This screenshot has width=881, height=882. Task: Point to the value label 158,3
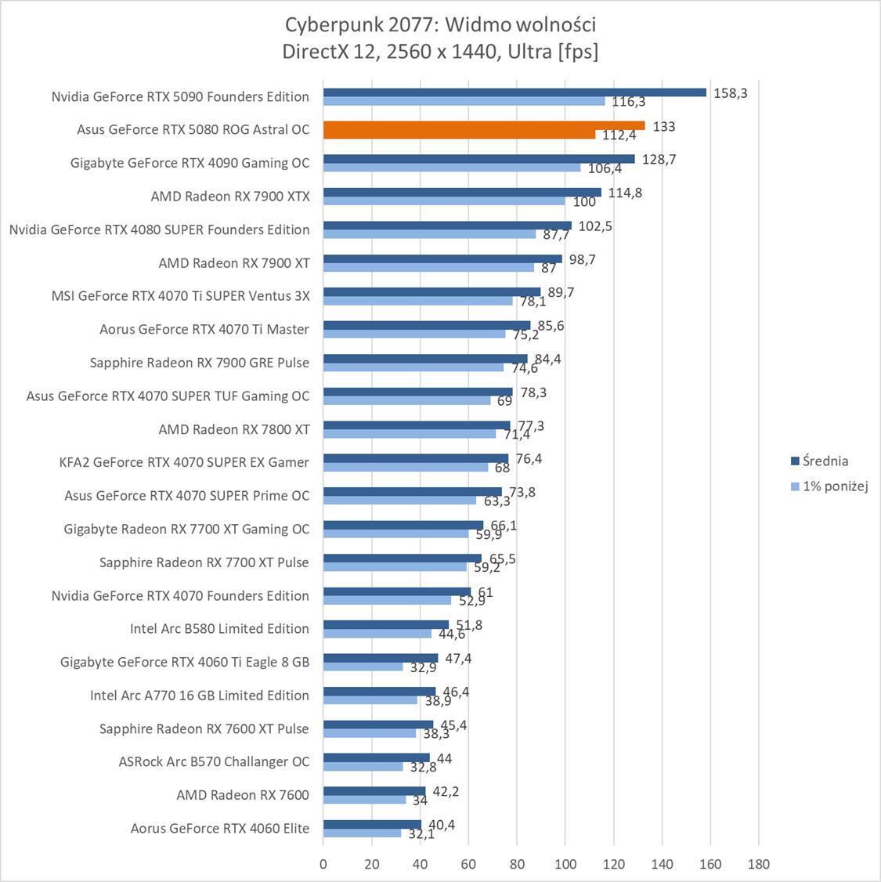[730, 92]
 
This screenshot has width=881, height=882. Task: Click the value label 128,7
[658, 159]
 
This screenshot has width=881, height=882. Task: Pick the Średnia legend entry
[819, 461]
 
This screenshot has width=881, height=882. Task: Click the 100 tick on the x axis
[565, 865]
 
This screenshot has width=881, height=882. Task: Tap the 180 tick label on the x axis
[758, 865]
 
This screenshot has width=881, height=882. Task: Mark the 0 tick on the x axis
[323, 865]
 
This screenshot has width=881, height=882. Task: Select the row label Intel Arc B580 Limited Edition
[219, 628]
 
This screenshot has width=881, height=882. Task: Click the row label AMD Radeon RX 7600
[243, 794]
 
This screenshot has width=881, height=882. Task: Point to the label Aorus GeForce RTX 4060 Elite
[220, 828]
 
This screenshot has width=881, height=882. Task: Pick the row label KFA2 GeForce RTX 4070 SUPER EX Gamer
[185, 462]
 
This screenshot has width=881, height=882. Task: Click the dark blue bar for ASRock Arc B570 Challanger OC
[376, 757]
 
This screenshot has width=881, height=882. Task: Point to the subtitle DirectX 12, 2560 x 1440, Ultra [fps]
[440, 52]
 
